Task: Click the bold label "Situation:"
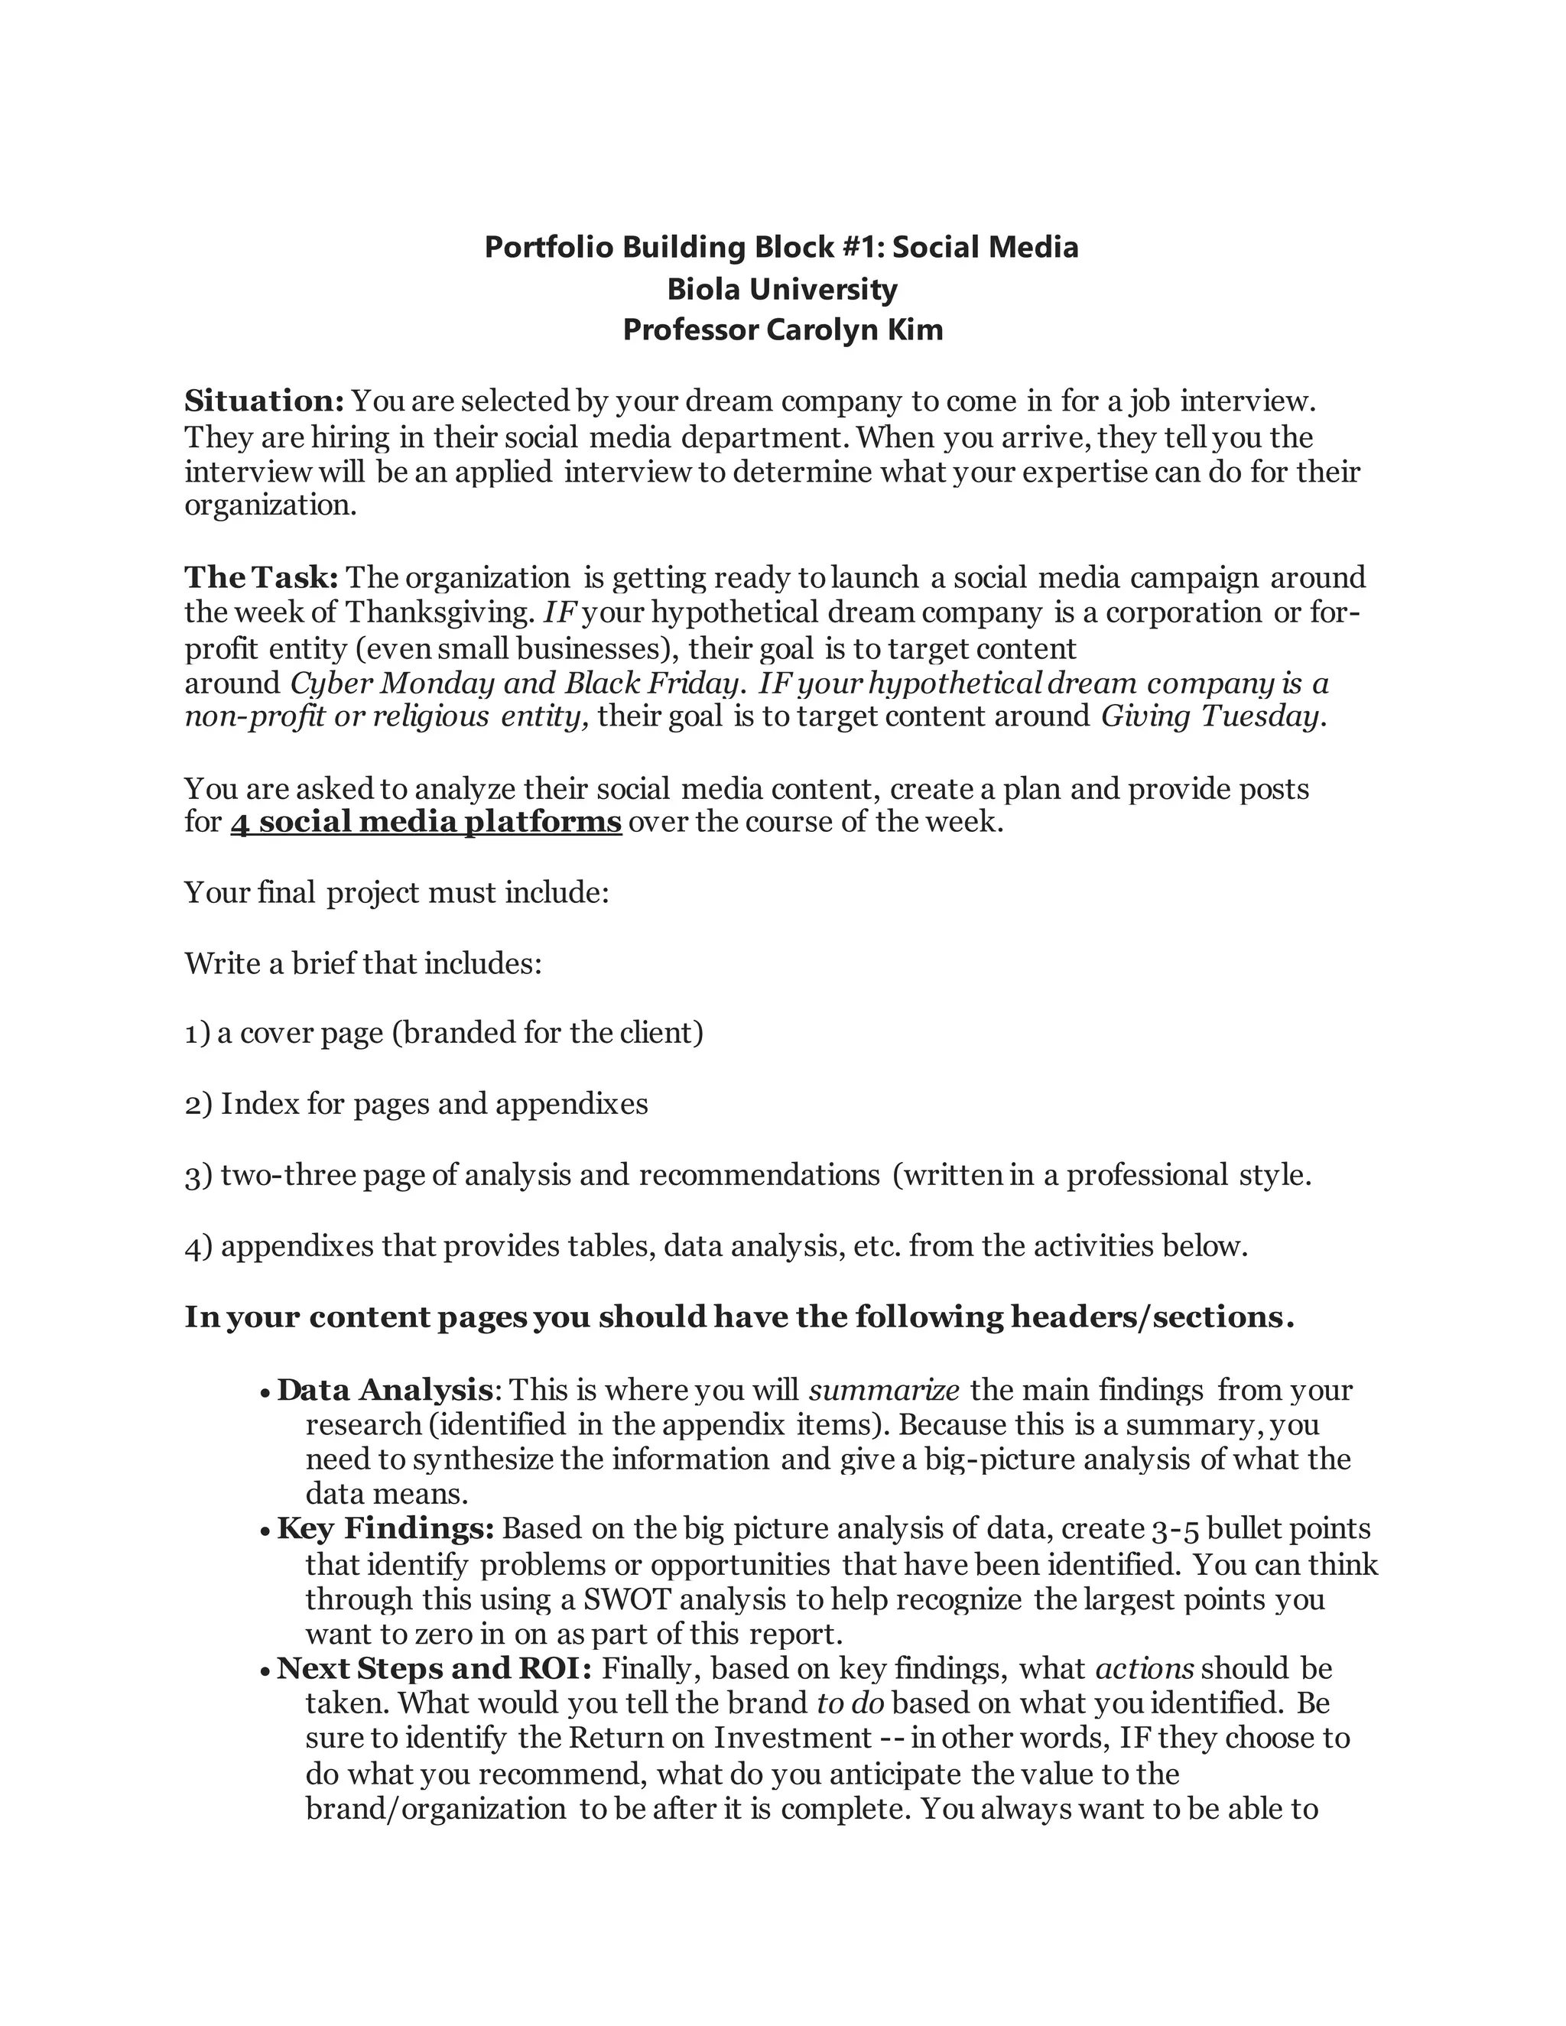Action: tap(265, 401)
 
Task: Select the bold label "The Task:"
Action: tap(262, 577)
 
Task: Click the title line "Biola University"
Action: tap(782, 290)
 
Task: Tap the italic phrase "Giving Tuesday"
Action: tap(1209, 716)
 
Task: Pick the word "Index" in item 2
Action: tap(249, 1104)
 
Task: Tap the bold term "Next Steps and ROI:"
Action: tap(434, 1669)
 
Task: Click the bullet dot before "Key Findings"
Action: tap(265, 1531)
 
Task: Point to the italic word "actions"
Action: tap(1145, 1669)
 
